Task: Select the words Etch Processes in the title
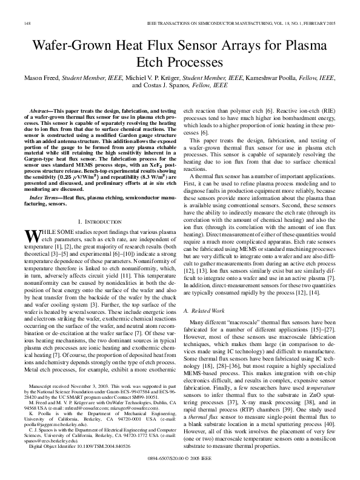[x=180, y=62]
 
